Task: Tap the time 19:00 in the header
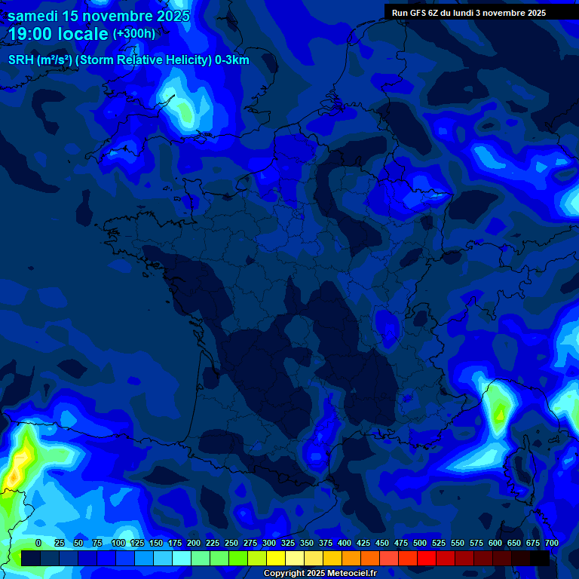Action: point(32,34)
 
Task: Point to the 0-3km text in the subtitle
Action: point(231,60)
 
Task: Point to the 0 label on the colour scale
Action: point(38,543)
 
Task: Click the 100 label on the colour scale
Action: point(118,543)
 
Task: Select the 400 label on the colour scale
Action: point(345,543)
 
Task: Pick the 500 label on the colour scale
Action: point(420,543)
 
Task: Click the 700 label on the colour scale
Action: point(551,543)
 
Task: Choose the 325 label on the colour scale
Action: point(287,543)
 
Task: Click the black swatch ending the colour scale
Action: point(540,558)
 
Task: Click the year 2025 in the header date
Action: point(169,16)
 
